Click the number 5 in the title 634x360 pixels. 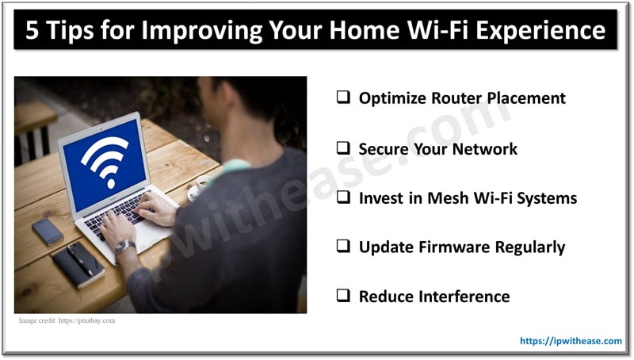coord(33,31)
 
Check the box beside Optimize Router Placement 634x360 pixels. coord(344,98)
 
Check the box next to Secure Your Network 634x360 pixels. coord(344,148)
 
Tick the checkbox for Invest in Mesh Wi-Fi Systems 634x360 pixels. coord(344,198)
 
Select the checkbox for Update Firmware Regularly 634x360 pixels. coord(344,247)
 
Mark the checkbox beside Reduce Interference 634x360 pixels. coord(344,297)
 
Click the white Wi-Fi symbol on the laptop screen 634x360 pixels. coord(105,161)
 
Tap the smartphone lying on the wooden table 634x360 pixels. coord(48,231)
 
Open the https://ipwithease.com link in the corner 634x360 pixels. coord(571,341)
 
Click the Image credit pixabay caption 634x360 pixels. coord(67,320)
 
